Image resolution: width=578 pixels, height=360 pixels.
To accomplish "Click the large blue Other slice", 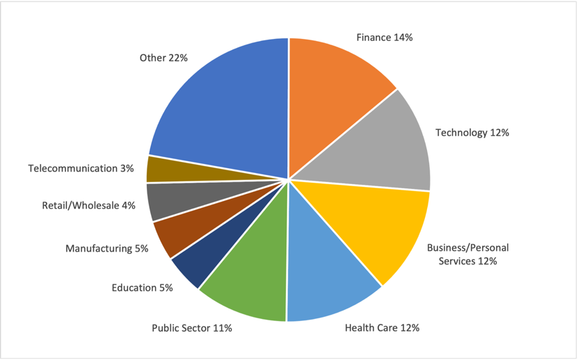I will (223, 104).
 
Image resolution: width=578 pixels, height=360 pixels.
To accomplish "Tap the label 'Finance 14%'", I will (384, 38).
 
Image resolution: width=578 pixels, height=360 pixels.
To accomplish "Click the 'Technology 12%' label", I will (472, 132).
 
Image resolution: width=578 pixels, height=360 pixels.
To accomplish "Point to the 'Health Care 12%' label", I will (382, 327).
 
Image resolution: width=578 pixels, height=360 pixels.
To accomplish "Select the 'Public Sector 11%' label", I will (191, 327).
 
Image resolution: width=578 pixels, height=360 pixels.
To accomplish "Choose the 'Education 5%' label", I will (142, 287).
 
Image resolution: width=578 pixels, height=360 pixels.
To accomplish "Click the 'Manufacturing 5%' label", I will (106, 248).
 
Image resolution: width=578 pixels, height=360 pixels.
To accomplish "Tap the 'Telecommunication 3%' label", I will (81, 168).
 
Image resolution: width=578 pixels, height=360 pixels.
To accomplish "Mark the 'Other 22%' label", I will (163, 58).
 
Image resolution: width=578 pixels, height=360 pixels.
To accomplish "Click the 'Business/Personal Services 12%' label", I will (462, 254).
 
